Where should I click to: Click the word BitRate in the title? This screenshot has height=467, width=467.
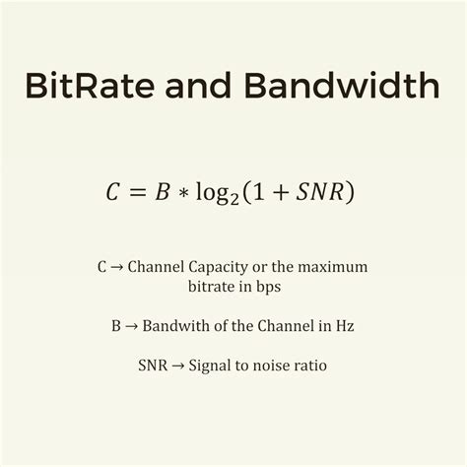pos(90,86)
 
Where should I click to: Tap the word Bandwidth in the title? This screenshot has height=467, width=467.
pos(342,85)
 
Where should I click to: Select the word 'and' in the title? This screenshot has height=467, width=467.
pos(198,85)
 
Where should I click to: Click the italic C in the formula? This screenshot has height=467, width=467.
pos(112,192)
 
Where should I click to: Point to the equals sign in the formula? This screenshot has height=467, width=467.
pos(137,192)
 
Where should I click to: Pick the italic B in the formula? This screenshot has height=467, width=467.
pos(163,192)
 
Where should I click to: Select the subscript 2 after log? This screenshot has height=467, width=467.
pos(233,199)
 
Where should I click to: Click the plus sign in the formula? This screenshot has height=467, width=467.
pos(280,192)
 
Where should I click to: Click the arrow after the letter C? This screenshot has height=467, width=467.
pos(116,267)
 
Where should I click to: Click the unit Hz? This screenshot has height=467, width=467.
pos(345,326)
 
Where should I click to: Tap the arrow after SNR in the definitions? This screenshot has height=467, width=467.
pos(178,366)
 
